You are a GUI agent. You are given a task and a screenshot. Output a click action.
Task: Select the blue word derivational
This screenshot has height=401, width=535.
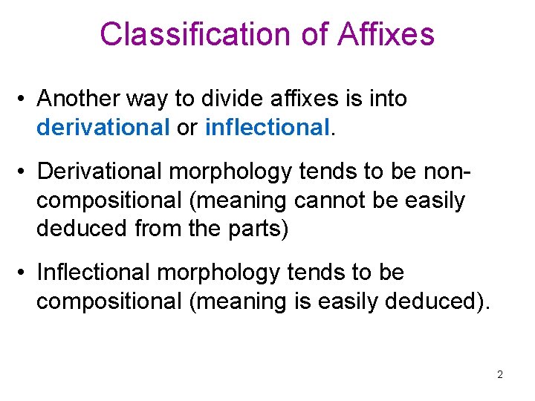pyautogui.click(x=103, y=128)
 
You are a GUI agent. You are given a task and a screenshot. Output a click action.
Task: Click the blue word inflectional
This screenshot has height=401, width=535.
pyautogui.click(x=267, y=128)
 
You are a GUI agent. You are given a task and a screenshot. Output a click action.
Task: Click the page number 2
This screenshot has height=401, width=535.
pyautogui.click(x=500, y=374)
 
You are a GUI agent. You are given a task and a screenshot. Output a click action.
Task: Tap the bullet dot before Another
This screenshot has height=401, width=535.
pyautogui.click(x=24, y=99)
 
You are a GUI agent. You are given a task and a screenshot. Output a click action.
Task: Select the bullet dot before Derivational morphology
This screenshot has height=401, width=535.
pyautogui.click(x=24, y=172)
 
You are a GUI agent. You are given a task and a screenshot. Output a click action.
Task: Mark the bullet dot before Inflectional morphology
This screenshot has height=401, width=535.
pyautogui.click(x=24, y=273)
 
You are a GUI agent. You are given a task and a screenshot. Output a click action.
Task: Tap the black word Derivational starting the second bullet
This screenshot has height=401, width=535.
pyautogui.click(x=100, y=172)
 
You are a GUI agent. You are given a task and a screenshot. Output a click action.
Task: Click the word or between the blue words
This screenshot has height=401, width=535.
pyautogui.click(x=187, y=128)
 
